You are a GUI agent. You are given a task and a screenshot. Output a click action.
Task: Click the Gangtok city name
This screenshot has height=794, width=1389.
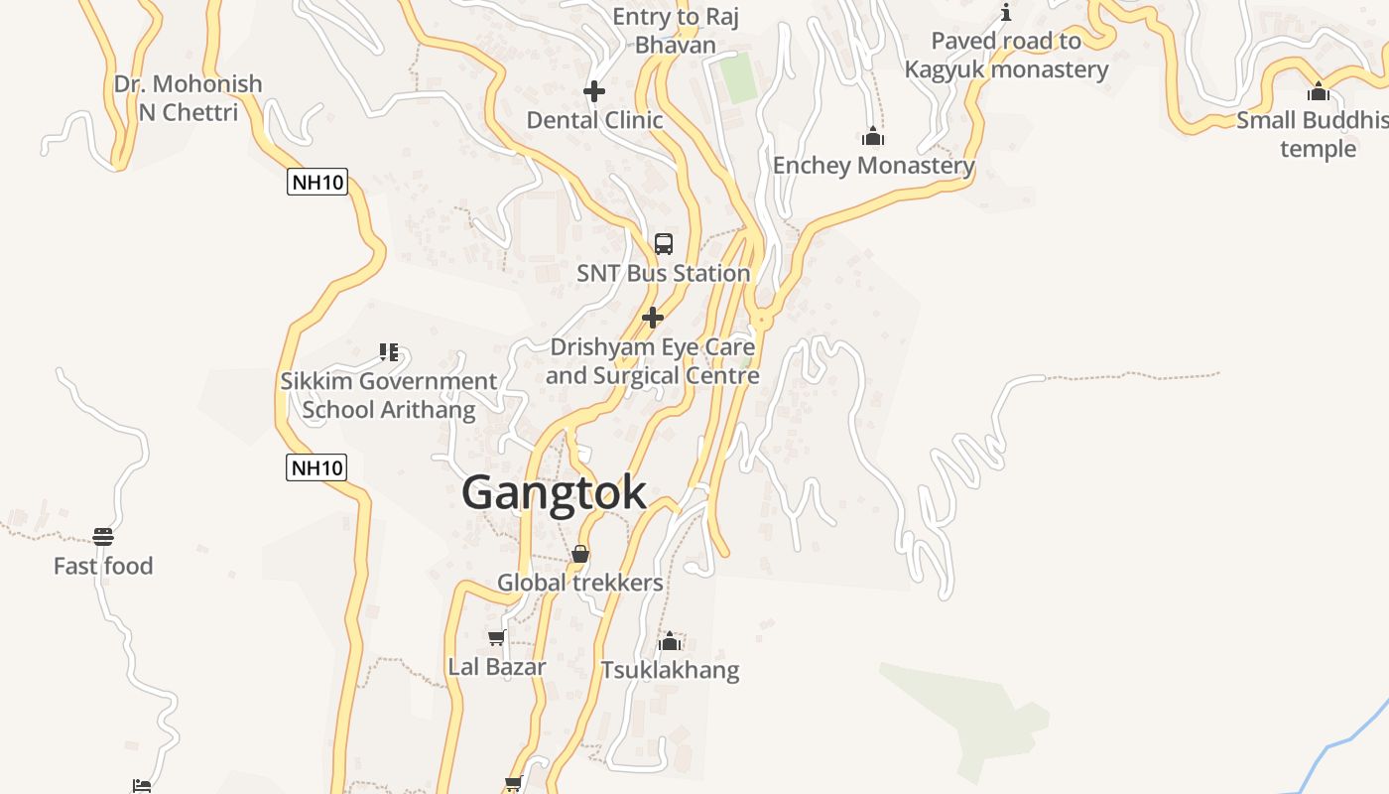(x=554, y=492)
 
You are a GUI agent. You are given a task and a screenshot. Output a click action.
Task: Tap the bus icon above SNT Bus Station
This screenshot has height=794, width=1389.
(x=664, y=244)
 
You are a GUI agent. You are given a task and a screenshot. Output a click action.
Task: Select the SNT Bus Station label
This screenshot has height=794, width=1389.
(x=664, y=273)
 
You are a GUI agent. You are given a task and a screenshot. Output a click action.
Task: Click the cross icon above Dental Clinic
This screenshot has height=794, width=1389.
(x=594, y=91)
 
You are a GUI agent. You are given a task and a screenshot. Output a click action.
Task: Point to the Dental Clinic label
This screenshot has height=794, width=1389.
(x=594, y=120)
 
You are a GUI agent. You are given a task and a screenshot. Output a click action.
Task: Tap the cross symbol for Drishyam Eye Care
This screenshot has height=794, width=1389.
(x=653, y=318)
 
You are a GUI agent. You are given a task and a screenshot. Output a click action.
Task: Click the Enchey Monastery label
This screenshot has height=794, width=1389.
(x=873, y=165)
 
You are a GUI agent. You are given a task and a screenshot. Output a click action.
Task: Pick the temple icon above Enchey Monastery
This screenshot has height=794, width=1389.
(x=873, y=136)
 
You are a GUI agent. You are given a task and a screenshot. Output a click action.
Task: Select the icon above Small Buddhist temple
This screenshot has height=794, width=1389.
(x=1319, y=91)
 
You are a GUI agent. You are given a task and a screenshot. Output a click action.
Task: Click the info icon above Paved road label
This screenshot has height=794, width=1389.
(x=1006, y=12)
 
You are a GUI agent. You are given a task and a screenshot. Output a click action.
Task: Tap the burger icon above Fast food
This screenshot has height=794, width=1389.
(x=103, y=537)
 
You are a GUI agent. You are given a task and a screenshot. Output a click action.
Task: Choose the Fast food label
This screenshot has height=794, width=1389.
(x=103, y=566)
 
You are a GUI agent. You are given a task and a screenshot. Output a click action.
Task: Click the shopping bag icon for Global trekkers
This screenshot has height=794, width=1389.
(x=580, y=554)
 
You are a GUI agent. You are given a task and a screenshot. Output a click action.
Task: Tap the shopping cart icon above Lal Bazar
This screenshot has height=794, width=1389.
(x=497, y=637)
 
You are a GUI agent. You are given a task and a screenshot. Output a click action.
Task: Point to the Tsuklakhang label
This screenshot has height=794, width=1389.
(x=670, y=670)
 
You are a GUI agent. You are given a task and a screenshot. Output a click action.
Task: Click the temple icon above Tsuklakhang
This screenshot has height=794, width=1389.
(x=670, y=641)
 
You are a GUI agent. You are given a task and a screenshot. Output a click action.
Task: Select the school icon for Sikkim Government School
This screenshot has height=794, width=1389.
(x=389, y=352)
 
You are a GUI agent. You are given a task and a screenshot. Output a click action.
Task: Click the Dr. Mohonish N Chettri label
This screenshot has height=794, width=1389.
(x=189, y=97)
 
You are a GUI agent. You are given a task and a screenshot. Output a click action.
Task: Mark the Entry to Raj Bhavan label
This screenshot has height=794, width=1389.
(x=676, y=31)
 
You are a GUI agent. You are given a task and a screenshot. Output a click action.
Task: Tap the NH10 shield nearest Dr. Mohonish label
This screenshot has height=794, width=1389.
(x=317, y=182)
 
